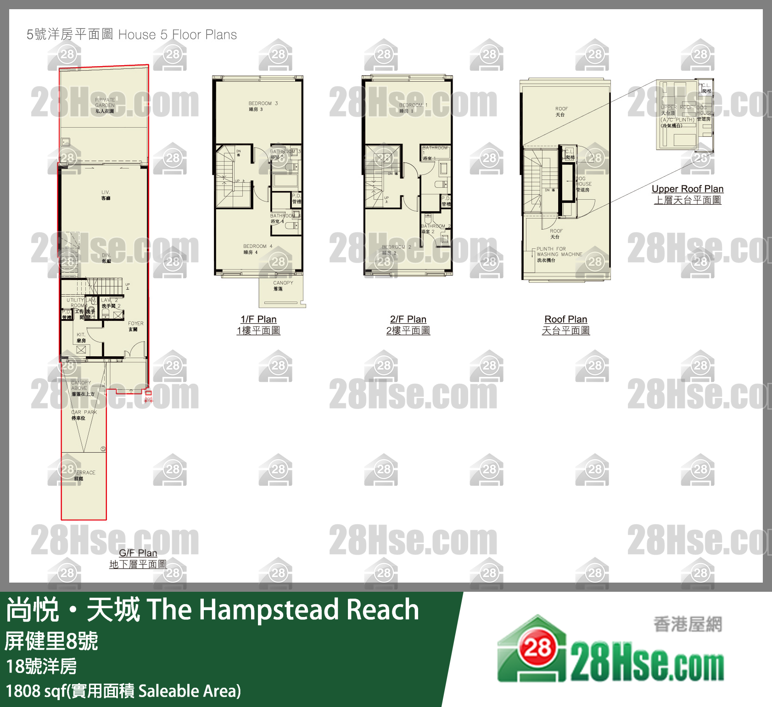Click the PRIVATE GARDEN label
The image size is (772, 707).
click(105, 105)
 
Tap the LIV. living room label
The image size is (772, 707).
click(106, 195)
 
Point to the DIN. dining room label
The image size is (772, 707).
click(106, 258)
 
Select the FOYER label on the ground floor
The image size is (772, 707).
click(135, 326)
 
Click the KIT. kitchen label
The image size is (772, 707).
click(81, 337)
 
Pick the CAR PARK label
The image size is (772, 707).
click(84, 415)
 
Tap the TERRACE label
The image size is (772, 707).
click(84, 475)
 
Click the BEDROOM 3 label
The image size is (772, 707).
click(263, 106)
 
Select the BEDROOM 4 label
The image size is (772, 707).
click(257, 249)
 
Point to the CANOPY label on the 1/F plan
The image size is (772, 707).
click(283, 286)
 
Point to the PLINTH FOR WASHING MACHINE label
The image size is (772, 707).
click(559, 254)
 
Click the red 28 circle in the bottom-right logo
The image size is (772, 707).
click(537, 648)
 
